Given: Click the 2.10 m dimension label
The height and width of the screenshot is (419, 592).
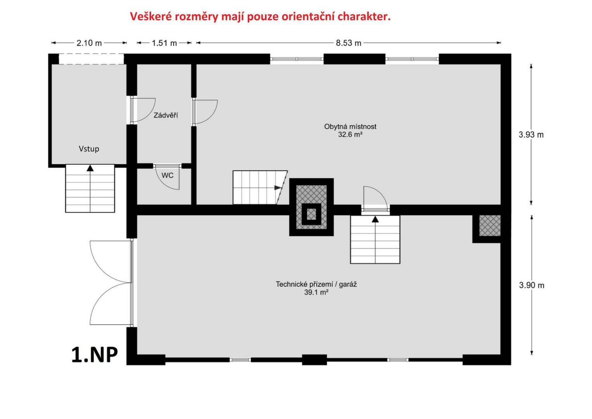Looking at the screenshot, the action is (89, 43).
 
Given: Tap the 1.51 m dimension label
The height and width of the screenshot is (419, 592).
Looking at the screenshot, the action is (164, 43).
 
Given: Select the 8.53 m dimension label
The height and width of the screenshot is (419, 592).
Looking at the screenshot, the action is (348, 43).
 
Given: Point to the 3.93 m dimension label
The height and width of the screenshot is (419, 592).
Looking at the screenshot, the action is (531, 135).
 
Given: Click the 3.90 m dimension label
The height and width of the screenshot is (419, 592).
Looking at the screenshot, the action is (532, 285).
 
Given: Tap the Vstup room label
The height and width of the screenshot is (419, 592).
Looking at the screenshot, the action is (89, 149).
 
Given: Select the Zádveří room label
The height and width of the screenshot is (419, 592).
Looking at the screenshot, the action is (166, 115).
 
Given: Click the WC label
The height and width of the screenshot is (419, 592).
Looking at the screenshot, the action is (167, 175).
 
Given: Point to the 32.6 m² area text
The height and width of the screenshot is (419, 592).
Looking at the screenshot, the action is (350, 135).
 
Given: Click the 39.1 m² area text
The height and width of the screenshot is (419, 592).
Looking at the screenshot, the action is (316, 292).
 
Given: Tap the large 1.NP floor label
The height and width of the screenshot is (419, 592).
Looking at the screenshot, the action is (95, 355).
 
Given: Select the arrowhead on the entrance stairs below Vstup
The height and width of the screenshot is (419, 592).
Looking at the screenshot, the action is (90, 168).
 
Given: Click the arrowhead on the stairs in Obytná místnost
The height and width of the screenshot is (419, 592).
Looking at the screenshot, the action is (278, 187).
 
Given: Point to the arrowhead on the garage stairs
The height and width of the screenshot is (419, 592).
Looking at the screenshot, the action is (375, 219).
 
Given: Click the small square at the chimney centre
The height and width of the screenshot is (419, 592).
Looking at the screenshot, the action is (311, 214).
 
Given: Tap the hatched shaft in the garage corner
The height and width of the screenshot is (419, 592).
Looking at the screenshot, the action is (490, 225).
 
